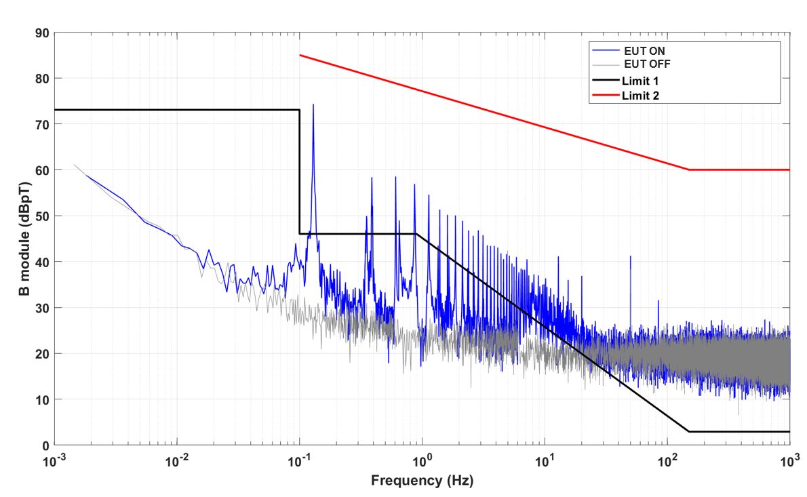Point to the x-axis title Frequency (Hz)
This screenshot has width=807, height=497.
point(422,481)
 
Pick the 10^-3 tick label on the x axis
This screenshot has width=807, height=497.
point(55,462)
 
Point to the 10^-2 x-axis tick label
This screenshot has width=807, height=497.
point(177,462)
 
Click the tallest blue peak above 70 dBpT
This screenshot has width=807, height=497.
point(313,105)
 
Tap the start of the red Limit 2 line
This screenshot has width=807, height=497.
point(300,55)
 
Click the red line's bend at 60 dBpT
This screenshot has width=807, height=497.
point(689,170)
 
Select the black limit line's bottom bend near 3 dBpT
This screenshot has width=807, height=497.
point(689,431)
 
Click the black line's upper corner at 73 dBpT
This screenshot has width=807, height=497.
point(299,110)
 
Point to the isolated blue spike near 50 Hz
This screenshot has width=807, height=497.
point(631,258)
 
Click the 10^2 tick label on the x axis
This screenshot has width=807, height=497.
point(667,462)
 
